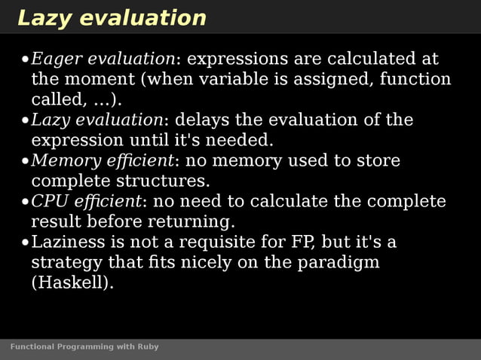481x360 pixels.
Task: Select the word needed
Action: (x=244, y=140)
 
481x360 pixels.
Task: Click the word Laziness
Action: (x=64, y=242)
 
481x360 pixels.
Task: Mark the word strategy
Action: (x=61, y=263)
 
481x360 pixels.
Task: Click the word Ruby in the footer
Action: (x=148, y=346)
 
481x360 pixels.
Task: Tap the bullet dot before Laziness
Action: (x=25, y=243)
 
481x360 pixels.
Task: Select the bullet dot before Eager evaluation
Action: (x=25, y=59)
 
